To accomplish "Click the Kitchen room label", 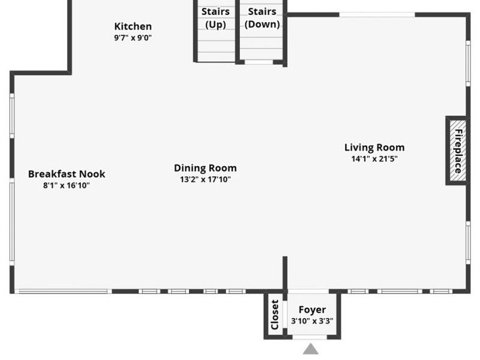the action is point(133,26).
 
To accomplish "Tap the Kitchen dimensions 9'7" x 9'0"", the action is point(133,38).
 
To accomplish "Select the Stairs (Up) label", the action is point(215,18).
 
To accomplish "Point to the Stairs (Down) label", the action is point(262,18).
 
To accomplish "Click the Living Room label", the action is point(374,148).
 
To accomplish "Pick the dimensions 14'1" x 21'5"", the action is point(374,158).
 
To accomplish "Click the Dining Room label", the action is point(205,168).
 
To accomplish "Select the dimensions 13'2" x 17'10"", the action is point(205,179).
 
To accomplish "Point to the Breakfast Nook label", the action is point(67,174).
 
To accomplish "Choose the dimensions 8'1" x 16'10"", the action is point(67,185).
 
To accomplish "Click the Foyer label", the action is point(312,310).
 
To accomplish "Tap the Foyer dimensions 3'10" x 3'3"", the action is point(312,321).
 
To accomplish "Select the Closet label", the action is point(275,314).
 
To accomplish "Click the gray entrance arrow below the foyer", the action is point(311,349).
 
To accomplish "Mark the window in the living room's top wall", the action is point(377,14).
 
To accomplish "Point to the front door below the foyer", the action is point(310,337).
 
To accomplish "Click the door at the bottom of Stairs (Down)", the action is point(259,62).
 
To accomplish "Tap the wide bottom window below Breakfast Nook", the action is point(63,292).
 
